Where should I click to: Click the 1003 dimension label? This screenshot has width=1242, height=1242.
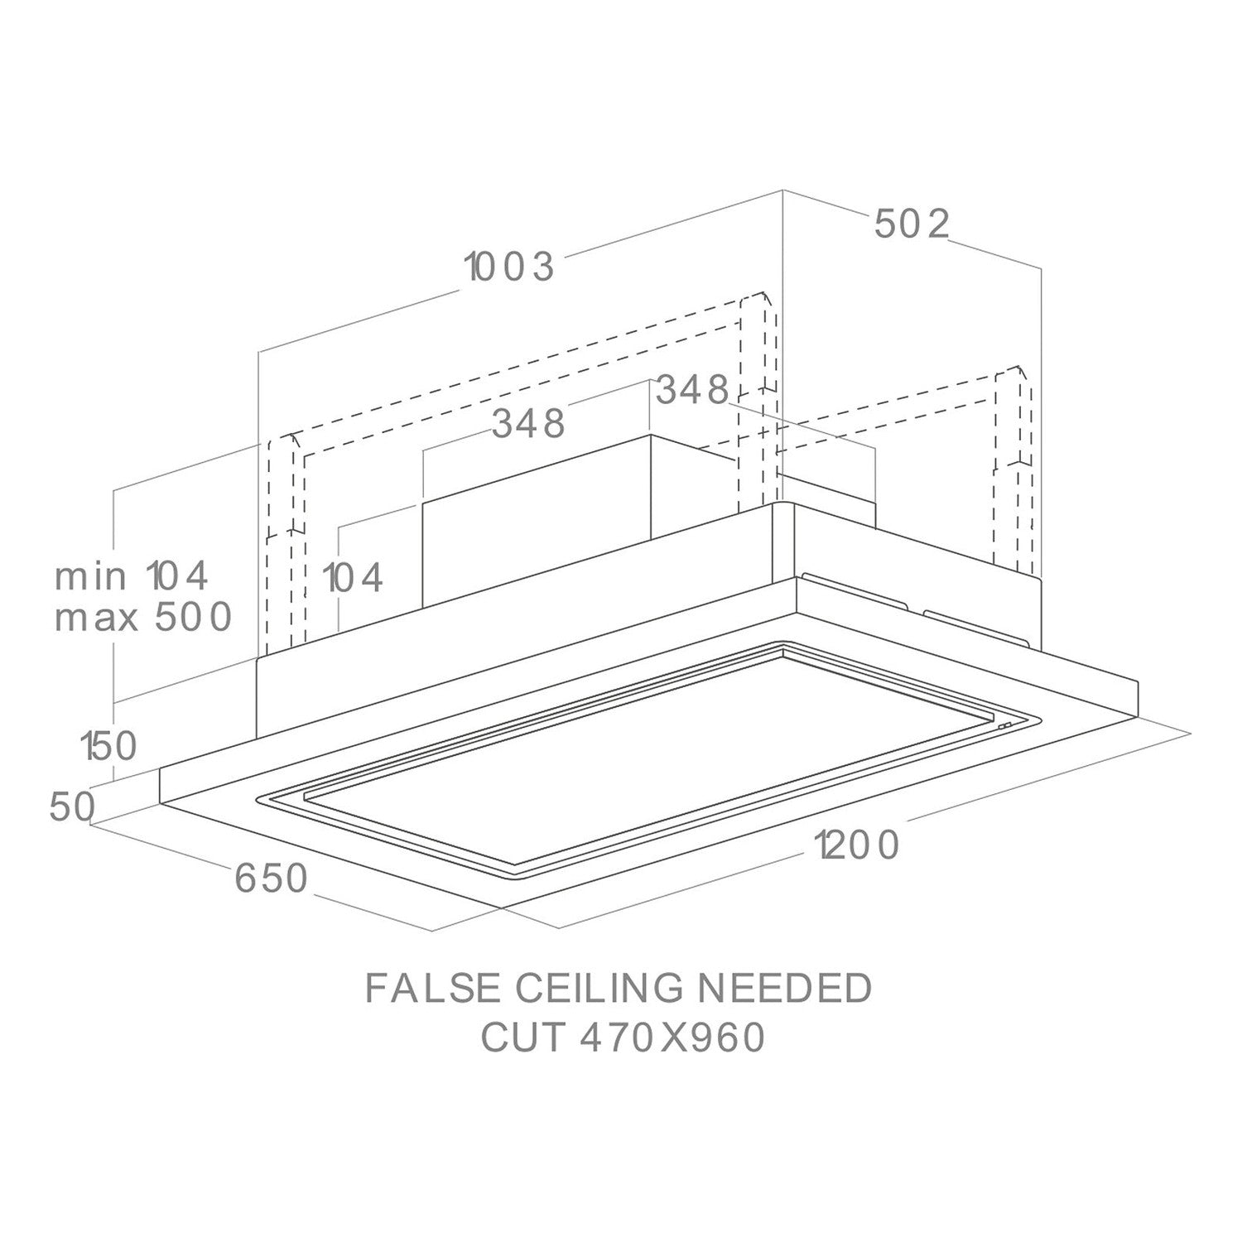tap(508, 267)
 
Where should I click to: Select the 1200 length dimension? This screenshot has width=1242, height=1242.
tap(855, 846)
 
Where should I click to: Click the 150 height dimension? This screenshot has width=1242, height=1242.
tap(108, 747)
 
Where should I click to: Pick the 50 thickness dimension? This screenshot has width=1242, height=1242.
tap(73, 807)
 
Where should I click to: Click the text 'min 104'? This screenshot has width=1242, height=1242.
tap(132, 576)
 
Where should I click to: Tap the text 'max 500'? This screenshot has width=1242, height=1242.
tap(142, 618)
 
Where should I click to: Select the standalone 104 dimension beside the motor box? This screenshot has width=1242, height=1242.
tap(354, 577)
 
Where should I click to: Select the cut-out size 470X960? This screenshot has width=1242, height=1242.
tap(672, 1038)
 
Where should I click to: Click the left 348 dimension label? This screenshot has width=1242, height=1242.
tap(529, 423)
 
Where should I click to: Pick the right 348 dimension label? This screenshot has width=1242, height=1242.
tap(692, 390)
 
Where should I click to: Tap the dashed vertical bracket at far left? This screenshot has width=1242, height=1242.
tap(286, 539)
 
